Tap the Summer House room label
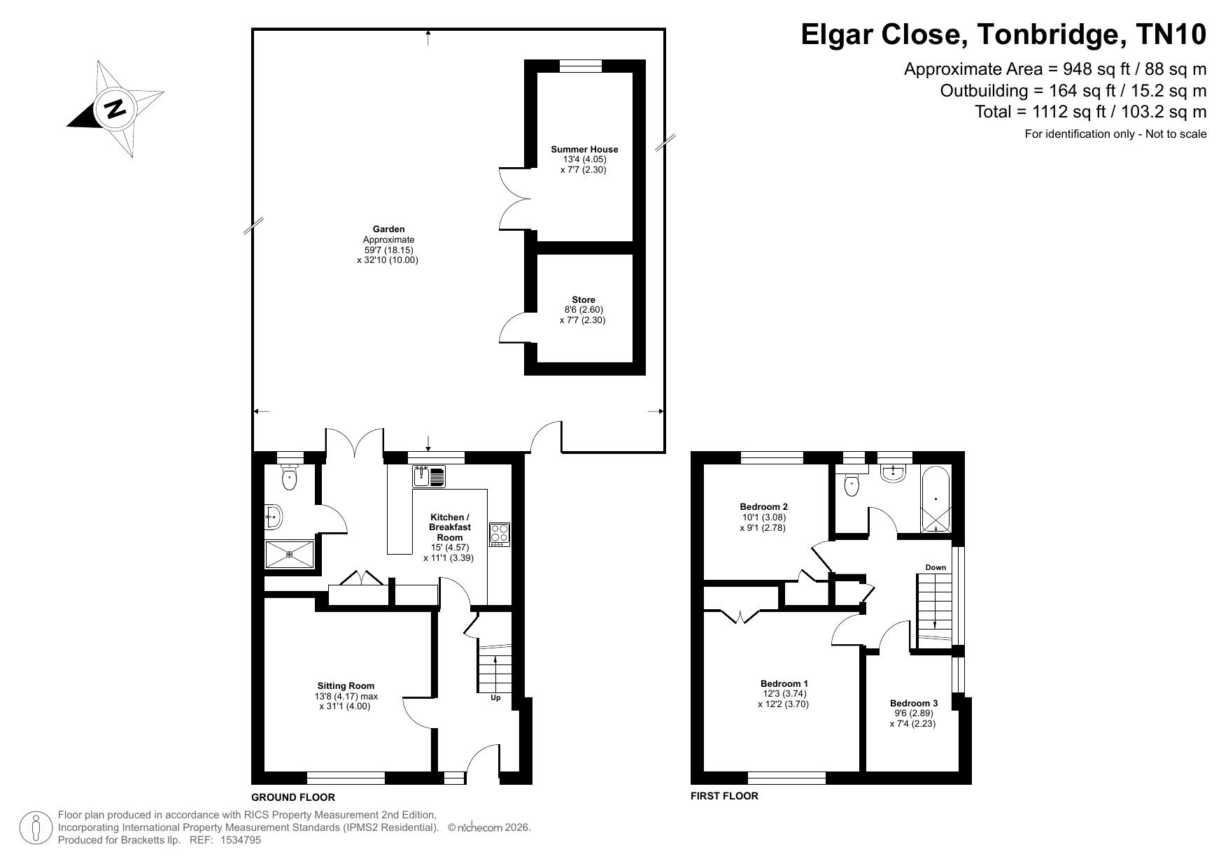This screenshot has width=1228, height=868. point(584,149)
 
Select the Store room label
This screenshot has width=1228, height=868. point(584,300)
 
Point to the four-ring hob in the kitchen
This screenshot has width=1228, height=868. point(500,535)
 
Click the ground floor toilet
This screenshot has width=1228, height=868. point(290,476)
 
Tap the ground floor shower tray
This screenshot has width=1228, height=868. point(290,554)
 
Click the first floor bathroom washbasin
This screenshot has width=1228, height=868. point(893,473)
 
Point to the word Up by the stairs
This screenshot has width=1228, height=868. point(495,697)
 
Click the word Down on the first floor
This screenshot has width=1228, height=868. point(936,567)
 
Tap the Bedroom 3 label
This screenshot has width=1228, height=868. point(914,704)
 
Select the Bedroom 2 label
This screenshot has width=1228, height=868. point(764,507)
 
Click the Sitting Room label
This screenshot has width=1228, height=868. point(346,686)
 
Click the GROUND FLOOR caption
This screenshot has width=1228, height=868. point(293,797)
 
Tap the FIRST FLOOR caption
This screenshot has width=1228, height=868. point(724,796)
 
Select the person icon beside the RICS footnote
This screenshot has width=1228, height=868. point(35,828)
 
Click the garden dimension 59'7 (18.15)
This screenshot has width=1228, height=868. point(388,250)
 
